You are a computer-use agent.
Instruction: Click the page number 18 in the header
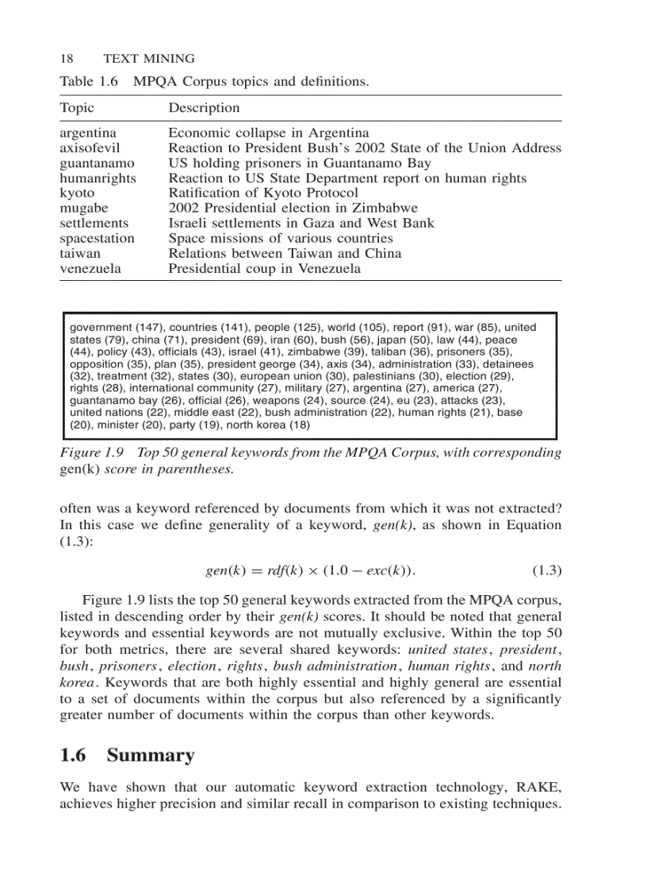tap(67, 59)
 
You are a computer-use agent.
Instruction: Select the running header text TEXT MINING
tap(149, 59)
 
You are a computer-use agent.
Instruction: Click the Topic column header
tap(77, 108)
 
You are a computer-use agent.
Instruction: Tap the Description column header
tap(204, 108)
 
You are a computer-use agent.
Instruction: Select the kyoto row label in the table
tap(77, 193)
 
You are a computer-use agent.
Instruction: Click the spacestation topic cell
tap(97, 238)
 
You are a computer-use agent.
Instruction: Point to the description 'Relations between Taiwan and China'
tap(285, 253)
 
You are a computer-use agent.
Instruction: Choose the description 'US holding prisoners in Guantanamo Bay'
tap(300, 163)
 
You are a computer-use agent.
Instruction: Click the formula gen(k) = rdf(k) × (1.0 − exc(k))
tap(311, 570)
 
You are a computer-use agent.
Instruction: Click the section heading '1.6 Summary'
tap(127, 755)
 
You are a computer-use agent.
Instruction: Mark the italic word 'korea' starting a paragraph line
tap(76, 682)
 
